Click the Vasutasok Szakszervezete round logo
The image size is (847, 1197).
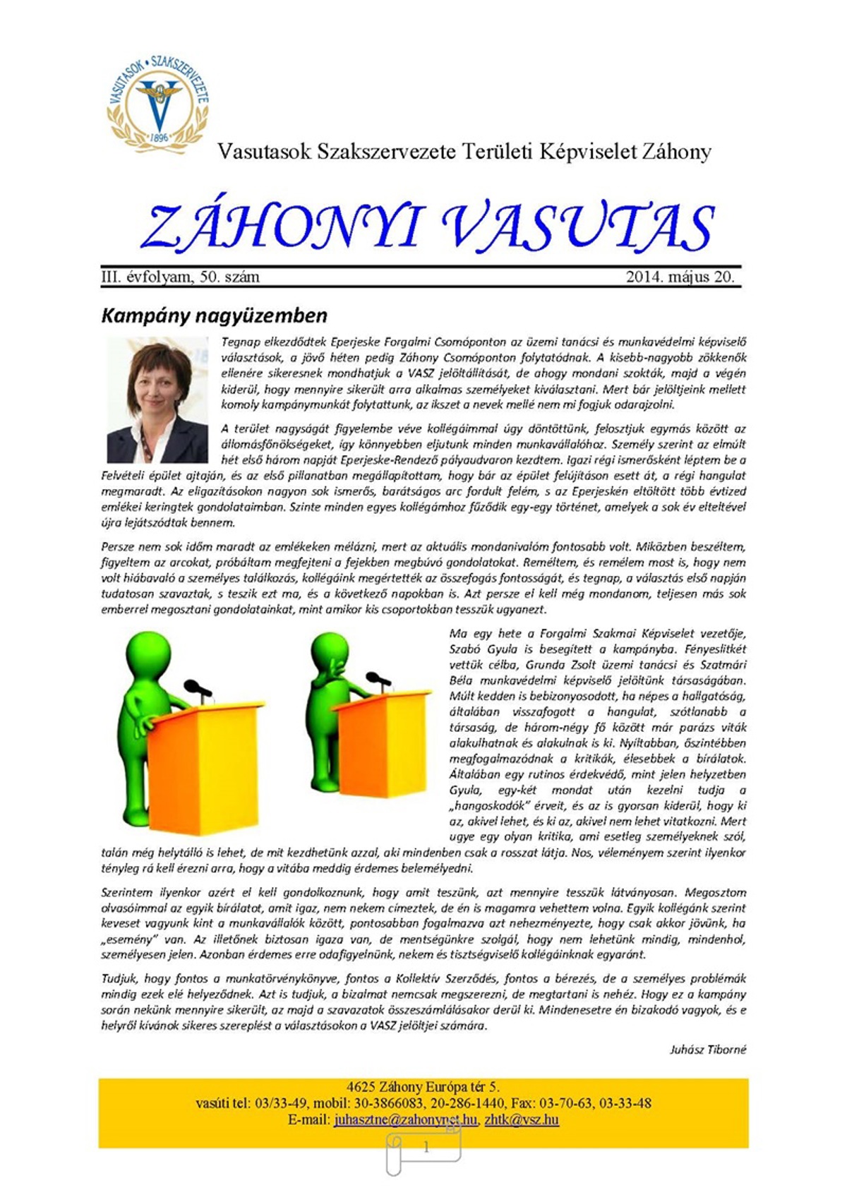click(x=158, y=100)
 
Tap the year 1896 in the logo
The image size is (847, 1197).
click(x=160, y=137)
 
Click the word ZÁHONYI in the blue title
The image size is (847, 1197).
click(x=282, y=227)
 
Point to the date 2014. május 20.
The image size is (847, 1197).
click(x=680, y=277)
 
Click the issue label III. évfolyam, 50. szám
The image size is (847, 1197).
click(x=181, y=277)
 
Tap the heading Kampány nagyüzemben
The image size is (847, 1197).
click(x=214, y=315)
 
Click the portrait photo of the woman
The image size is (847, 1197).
click(x=157, y=399)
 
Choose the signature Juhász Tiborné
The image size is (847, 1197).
click(x=707, y=1049)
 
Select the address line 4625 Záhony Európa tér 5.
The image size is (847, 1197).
click(x=423, y=1087)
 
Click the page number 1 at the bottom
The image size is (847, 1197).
click(x=426, y=1147)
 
